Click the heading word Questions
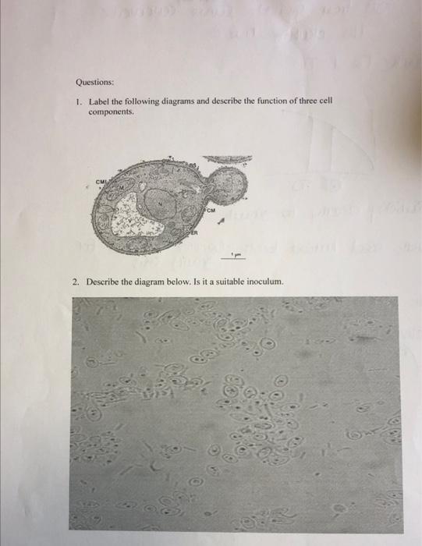[x=94, y=80]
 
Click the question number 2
[x=76, y=282]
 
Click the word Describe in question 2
[x=104, y=282]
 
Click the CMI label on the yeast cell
[x=103, y=184]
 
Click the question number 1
[x=79, y=101]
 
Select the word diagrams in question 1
[x=175, y=101]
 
